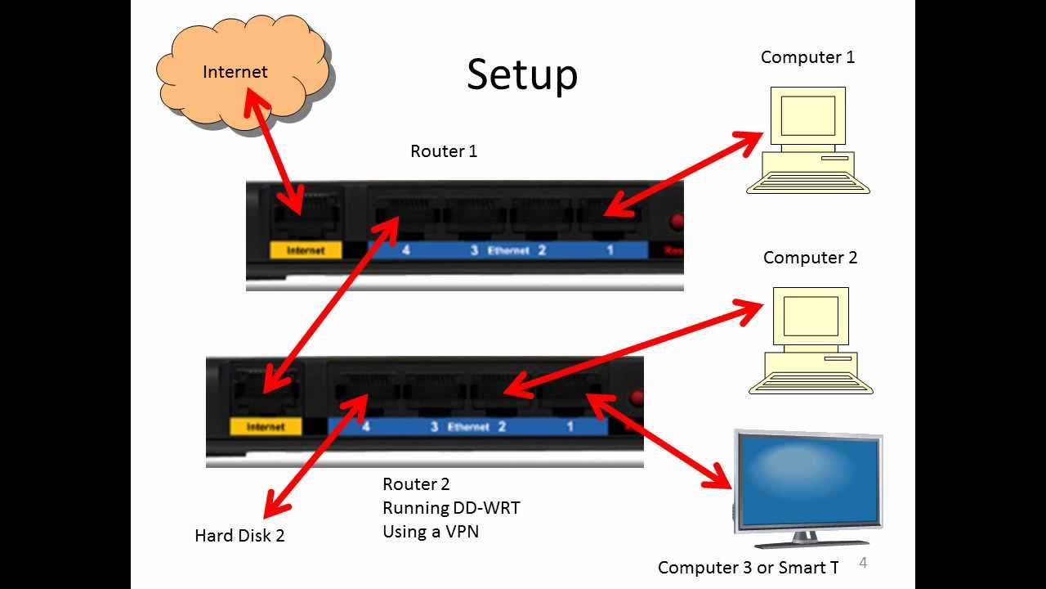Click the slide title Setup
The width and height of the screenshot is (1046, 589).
click(522, 74)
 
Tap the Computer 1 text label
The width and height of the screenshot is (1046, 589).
click(807, 57)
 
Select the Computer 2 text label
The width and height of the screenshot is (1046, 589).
click(810, 258)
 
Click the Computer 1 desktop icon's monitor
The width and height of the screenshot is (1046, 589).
click(807, 116)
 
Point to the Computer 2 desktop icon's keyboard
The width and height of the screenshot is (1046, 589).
click(811, 382)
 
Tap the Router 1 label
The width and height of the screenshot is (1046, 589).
click(444, 151)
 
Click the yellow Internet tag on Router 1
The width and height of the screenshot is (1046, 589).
click(306, 250)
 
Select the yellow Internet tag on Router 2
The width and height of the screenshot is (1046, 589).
click(266, 426)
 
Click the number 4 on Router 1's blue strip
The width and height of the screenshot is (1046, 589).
click(405, 250)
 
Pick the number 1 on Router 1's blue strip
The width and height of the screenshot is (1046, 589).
click(610, 250)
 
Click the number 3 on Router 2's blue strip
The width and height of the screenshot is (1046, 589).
click(435, 427)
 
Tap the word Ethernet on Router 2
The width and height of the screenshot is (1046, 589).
click(468, 427)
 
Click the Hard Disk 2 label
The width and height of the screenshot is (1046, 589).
click(239, 536)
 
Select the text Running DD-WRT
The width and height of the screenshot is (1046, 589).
click(451, 508)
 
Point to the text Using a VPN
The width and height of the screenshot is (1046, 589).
click(431, 532)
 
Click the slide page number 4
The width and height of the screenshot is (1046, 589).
click(863, 563)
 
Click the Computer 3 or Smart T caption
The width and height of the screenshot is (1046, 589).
click(748, 568)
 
